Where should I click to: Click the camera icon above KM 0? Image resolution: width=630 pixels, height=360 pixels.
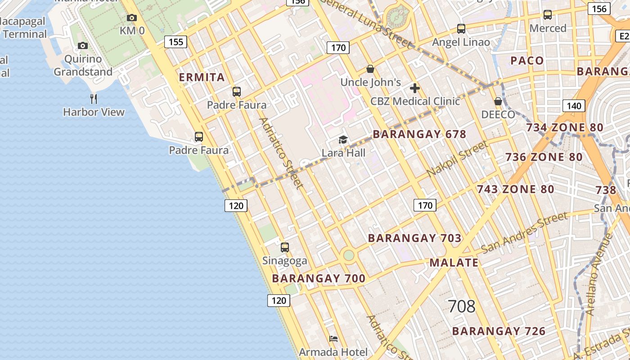[131, 18]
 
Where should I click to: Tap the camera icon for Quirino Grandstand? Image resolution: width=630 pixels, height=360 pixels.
[83, 45]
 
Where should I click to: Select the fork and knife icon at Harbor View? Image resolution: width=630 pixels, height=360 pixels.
[94, 99]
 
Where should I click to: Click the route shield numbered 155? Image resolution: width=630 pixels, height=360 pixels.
[175, 42]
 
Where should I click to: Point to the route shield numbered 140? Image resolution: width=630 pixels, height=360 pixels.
[574, 106]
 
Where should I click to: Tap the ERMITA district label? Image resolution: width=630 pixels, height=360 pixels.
[202, 77]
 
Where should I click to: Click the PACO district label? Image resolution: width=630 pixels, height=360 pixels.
[527, 61]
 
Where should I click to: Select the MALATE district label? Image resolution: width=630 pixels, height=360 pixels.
[454, 263]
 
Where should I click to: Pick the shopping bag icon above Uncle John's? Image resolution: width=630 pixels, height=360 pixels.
[370, 69]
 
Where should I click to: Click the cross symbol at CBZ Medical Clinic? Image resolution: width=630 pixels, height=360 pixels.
[415, 88]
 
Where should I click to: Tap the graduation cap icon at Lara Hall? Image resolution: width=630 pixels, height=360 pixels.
[343, 139]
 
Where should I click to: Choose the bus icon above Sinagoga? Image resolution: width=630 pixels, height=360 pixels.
[285, 247]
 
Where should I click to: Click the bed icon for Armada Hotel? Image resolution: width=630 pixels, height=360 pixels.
[333, 338]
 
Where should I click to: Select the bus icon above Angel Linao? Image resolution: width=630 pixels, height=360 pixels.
[461, 29]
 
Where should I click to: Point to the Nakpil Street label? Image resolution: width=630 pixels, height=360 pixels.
[457, 158]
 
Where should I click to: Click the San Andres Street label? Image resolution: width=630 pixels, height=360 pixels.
[524, 233]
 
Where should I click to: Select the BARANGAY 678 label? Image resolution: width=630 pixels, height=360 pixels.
[419, 134]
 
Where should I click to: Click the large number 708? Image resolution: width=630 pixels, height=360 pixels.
[462, 306]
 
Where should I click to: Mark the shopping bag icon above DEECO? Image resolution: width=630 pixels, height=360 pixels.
[498, 101]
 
